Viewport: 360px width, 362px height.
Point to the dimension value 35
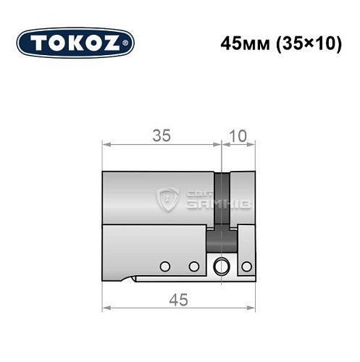(x=161, y=135)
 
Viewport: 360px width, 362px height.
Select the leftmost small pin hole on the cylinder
(x=165, y=266)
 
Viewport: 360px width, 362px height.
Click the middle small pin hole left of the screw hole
(x=193, y=266)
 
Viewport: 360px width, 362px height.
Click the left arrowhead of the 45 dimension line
(x=104, y=308)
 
